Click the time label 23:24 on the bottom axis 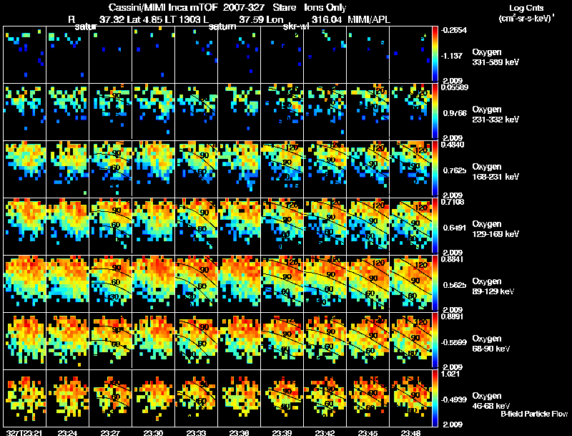pos(68,432)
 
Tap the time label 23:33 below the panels pos(197,432)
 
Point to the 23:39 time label pos(282,432)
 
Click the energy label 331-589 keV pos(495,63)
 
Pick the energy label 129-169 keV pos(495,233)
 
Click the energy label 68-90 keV pos(493,348)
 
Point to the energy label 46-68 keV pos(493,406)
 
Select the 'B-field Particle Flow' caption pos(533,414)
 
